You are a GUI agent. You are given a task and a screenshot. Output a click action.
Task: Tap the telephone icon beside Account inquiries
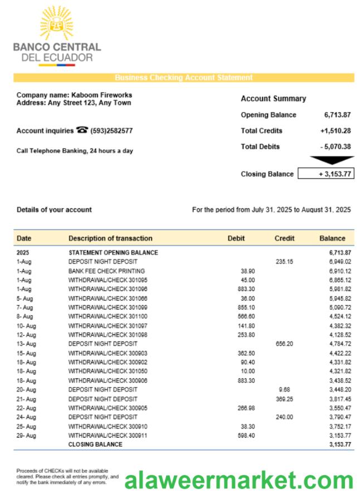click(x=82, y=130)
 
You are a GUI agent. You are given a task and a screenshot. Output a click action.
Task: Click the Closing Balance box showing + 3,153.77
click(x=326, y=174)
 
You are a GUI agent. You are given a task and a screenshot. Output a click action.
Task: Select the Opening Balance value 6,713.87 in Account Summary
click(x=337, y=115)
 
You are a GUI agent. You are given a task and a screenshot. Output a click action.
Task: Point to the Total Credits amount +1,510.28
click(x=335, y=130)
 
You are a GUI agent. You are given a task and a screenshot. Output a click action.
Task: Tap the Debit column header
click(x=236, y=238)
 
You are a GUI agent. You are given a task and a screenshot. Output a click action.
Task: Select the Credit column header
click(x=284, y=238)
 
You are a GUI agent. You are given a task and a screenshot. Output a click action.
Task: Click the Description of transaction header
click(x=110, y=238)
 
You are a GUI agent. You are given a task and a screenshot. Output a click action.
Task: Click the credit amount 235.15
click(x=284, y=261)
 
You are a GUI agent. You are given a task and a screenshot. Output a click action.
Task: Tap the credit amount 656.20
click(x=284, y=344)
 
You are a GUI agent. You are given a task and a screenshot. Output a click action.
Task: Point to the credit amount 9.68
click(x=284, y=390)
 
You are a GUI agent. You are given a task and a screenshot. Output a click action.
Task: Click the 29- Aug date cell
click(x=26, y=435)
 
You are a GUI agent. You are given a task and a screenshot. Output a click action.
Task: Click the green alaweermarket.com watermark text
click(x=239, y=479)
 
